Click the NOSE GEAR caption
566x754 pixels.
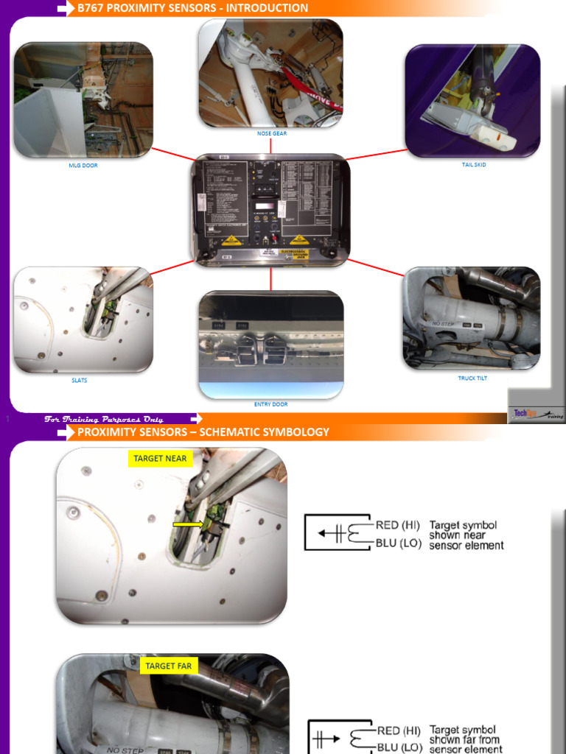[x=272, y=133]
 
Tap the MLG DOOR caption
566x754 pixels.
[x=83, y=166]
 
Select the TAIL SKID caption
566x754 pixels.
[x=474, y=165]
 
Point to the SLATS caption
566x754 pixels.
[x=80, y=381]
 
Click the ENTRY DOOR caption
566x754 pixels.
[x=270, y=404]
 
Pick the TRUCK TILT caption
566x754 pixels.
[x=472, y=378]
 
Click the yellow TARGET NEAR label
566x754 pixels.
[x=160, y=458]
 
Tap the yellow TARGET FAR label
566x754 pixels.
[x=168, y=666]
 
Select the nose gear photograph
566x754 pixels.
[x=270, y=73]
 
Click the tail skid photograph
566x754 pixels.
[x=472, y=101]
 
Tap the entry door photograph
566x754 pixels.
[x=270, y=344]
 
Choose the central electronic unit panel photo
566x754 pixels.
[x=270, y=209]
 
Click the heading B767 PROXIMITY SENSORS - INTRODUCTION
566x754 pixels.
[x=193, y=8]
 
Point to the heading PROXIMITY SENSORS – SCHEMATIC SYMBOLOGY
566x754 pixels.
[x=203, y=432]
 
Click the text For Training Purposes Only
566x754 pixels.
[x=104, y=419]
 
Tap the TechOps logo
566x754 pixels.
[x=537, y=414]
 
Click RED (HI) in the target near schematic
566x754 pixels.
[x=398, y=525]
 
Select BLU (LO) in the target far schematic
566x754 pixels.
[x=399, y=747]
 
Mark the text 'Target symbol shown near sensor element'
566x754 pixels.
[x=466, y=535]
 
